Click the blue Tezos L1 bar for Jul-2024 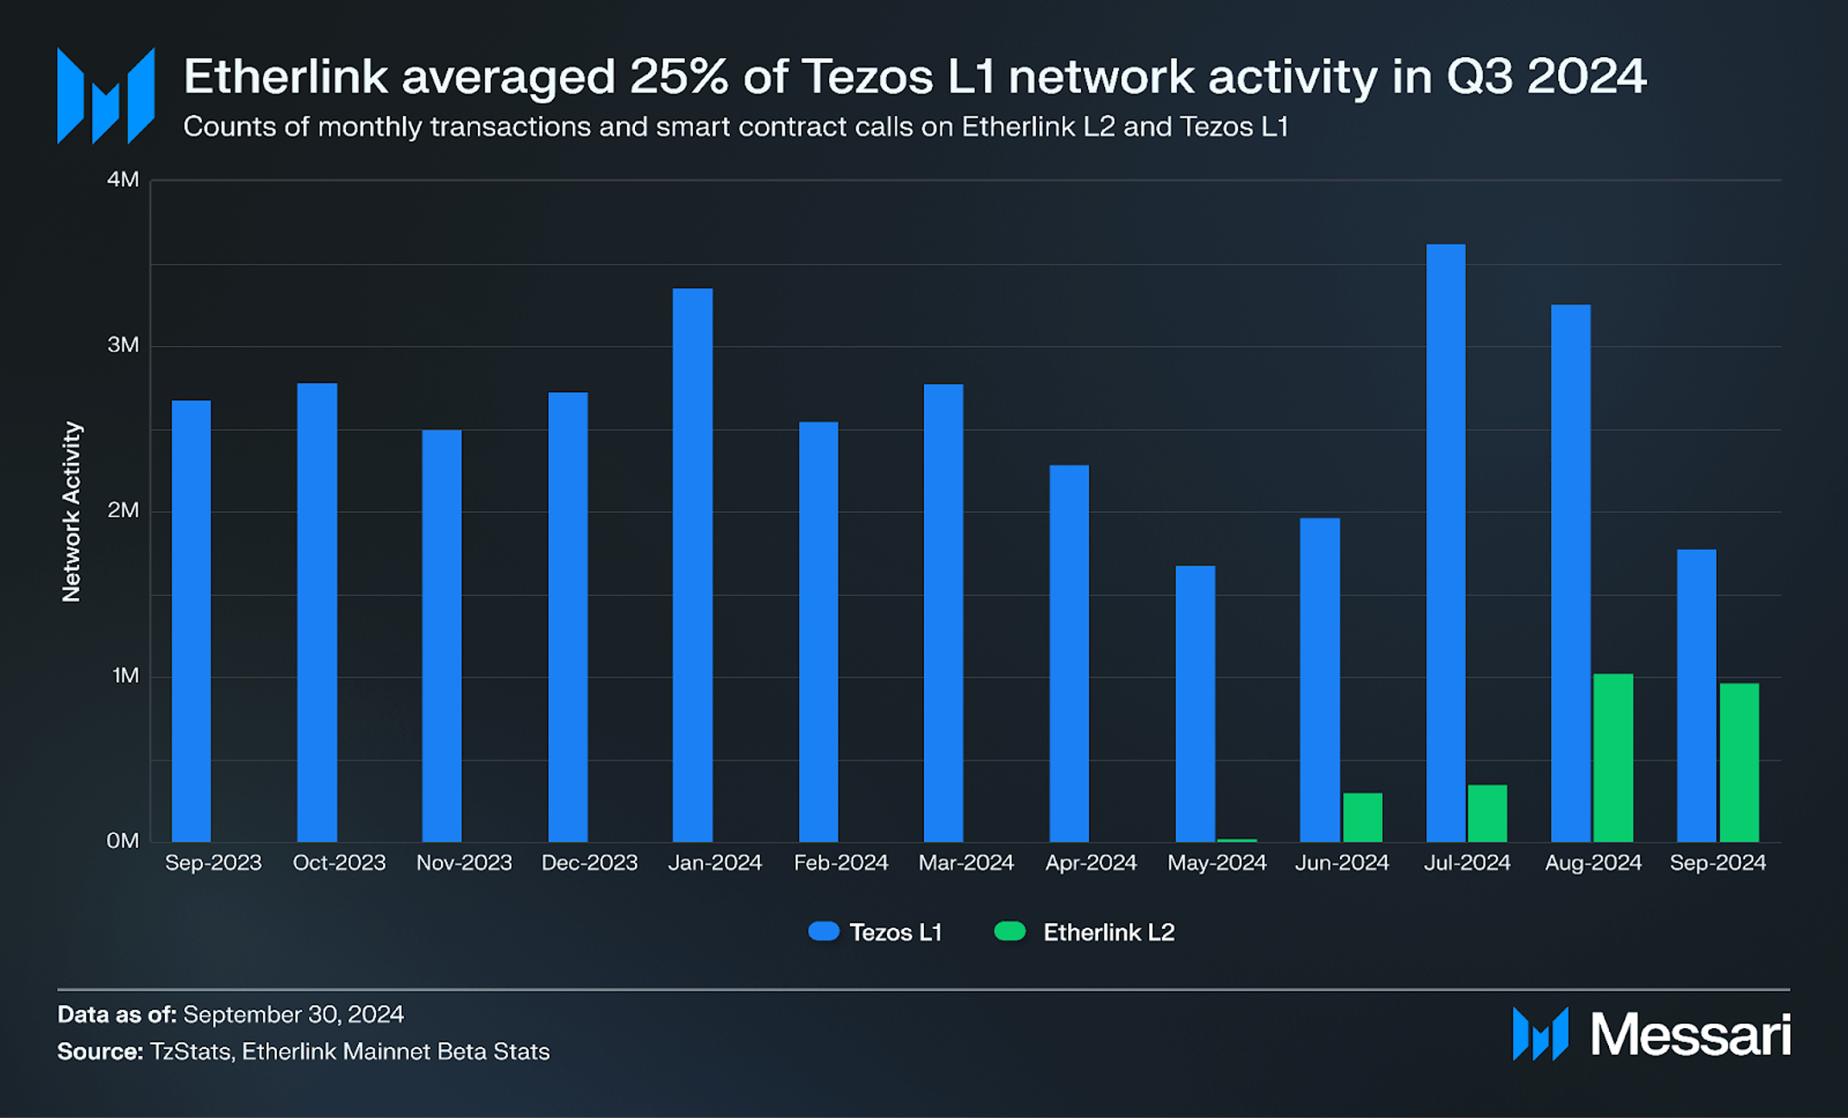point(1445,544)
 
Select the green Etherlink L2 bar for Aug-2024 point(1612,758)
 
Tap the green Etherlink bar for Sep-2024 point(1738,762)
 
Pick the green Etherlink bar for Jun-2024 point(1362,817)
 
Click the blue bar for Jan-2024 point(693,565)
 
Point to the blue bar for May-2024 point(1195,704)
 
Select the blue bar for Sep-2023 point(191,622)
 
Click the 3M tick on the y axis point(123,345)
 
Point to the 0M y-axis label point(123,841)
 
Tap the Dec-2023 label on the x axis point(589,862)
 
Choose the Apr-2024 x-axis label point(1091,862)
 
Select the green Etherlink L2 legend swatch point(1009,932)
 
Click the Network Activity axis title point(72,511)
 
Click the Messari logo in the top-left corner point(105,96)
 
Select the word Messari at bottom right point(1689,1034)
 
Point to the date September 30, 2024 point(293,1014)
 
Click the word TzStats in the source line point(190,1052)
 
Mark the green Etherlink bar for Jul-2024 point(1487,813)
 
